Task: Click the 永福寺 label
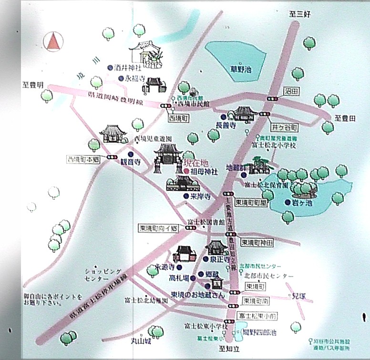134,79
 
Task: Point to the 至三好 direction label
300,14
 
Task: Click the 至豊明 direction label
33,84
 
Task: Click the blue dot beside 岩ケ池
288,202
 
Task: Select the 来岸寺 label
200,196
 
